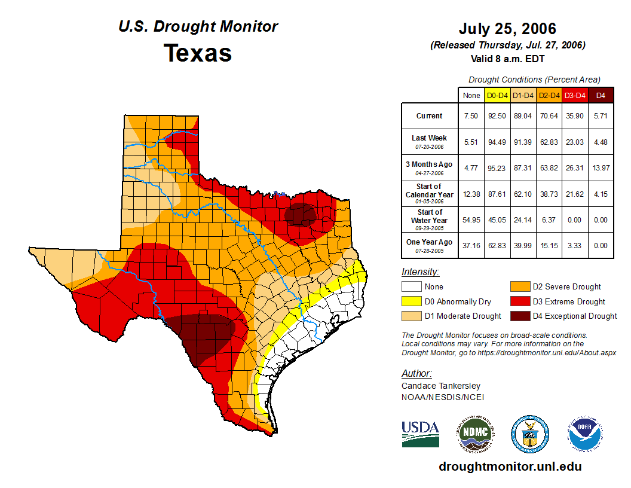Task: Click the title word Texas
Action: [198, 53]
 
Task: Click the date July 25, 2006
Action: [507, 29]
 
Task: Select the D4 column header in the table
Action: [601, 95]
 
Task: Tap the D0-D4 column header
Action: [497, 95]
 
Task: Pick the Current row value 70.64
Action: [549, 116]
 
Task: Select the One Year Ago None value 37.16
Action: [471, 245]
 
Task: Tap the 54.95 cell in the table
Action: [471, 219]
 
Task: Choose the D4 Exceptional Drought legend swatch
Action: [520, 316]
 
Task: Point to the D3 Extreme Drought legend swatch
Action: [520, 301]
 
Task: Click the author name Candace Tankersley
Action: [441, 386]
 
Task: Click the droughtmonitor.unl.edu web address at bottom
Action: [510, 466]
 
